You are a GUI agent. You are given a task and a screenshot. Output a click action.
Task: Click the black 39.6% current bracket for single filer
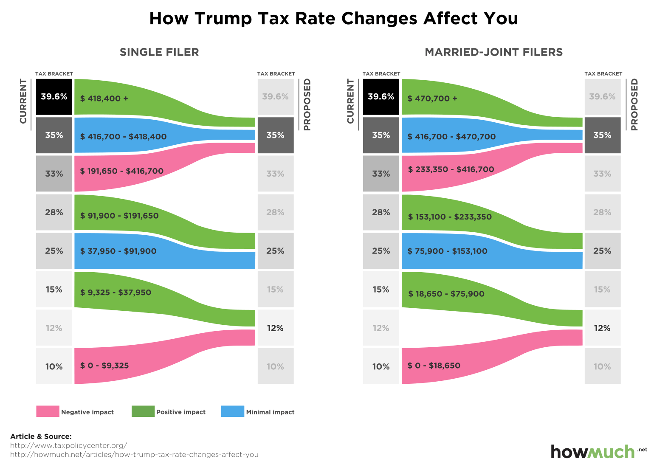click(x=54, y=97)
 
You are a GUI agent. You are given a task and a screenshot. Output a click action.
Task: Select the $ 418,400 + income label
click(x=104, y=98)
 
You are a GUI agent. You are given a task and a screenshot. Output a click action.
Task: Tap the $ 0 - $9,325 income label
click(x=104, y=366)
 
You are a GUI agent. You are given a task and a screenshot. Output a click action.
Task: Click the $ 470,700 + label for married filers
click(x=432, y=98)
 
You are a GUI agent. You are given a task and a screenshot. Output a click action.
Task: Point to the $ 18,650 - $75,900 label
click(x=446, y=294)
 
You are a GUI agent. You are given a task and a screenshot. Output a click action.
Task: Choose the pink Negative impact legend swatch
click(x=48, y=411)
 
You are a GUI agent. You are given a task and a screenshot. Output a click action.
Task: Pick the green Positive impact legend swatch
click(x=143, y=411)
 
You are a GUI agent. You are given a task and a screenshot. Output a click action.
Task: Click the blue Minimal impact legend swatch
click(x=233, y=411)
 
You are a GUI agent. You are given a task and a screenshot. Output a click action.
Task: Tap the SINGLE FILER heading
click(x=159, y=52)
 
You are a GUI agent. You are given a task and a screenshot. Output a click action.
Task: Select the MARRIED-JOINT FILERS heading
click(x=493, y=52)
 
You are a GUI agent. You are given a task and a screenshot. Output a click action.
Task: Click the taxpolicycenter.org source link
click(x=68, y=445)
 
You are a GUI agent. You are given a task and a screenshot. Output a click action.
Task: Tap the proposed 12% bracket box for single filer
click(x=275, y=328)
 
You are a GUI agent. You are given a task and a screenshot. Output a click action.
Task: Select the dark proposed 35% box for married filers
click(x=602, y=135)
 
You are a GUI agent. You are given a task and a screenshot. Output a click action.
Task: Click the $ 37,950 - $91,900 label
click(x=118, y=251)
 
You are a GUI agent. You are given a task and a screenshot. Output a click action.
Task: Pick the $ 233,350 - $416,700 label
click(x=451, y=169)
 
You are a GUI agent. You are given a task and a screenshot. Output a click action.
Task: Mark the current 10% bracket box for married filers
click(x=381, y=366)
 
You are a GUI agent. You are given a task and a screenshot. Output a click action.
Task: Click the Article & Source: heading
click(x=41, y=436)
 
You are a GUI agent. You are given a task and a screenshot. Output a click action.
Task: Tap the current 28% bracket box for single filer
click(x=54, y=212)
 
